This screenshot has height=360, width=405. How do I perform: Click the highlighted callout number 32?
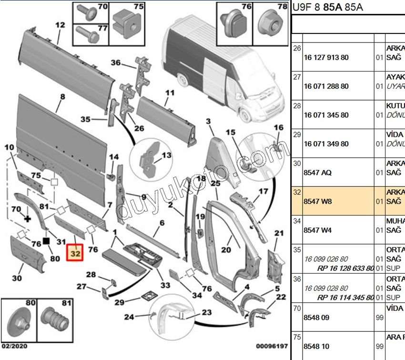pos(75,254)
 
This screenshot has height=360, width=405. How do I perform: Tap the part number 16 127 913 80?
pos(326,58)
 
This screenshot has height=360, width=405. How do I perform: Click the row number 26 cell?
pos(297,49)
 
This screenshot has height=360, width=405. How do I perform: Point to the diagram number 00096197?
pos(272,345)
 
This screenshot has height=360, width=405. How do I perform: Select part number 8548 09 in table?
pos(317,318)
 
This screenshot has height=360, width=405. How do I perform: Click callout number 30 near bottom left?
pos(17,278)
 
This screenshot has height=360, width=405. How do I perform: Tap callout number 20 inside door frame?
pos(226,250)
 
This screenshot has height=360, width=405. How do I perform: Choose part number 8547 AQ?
pos(317,173)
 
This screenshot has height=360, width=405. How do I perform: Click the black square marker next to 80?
pos(47,241)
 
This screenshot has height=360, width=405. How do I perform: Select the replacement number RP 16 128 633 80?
pos(345,268)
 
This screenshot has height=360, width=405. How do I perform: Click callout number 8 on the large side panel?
pos(62,96)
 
